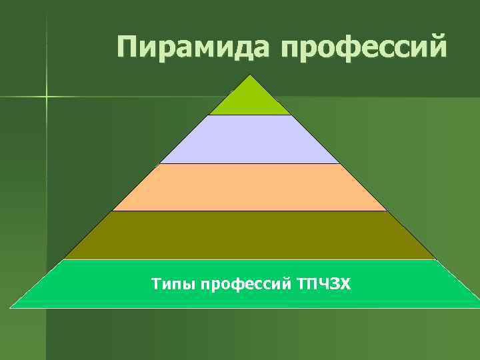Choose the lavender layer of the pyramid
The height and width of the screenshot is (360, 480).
click(250, 139)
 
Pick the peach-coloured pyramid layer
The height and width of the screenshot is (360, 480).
click(250, 187)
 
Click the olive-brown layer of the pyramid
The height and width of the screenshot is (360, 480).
click(250, 235)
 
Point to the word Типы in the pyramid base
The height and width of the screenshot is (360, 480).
click(173, 285)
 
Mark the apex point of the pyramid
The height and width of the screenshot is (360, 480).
click(251, 75)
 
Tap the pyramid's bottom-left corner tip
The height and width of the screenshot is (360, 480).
click(11, 307)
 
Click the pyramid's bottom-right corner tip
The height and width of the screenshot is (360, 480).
click(478, 307)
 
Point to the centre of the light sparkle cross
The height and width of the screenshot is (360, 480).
click(47, 97)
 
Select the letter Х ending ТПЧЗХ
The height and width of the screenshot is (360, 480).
click(345, 285)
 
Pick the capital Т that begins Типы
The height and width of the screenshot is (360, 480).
click(156, 285)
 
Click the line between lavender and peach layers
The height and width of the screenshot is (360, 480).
click(250, 163)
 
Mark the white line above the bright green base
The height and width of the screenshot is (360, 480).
click(250, 259)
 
